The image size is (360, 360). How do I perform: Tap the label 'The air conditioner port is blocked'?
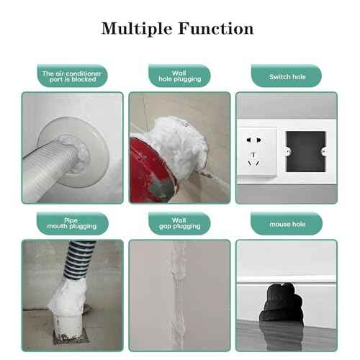tap(72, 76)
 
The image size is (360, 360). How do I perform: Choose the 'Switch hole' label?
tap(286, 76)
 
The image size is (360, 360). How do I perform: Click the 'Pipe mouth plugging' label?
tap(72, 224)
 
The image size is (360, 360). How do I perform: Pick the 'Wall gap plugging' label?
tap(179, 224)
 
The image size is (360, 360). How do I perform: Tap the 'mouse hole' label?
tap(286, 224)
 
